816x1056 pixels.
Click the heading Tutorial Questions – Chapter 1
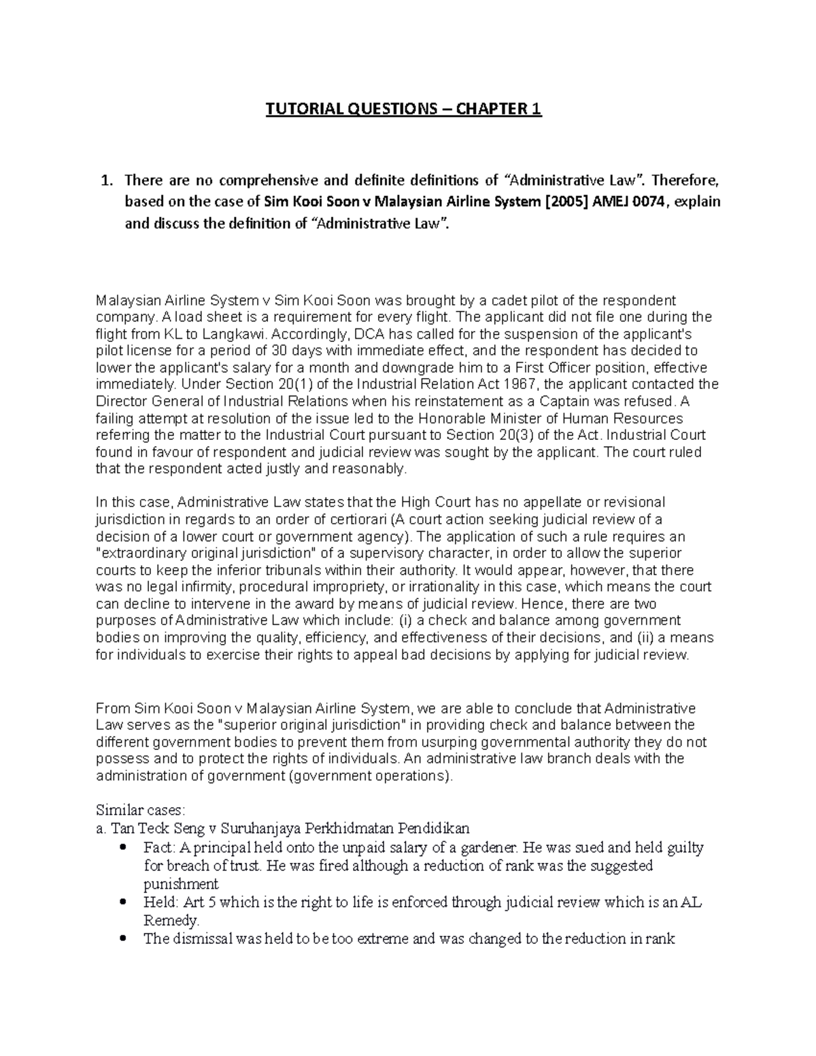403,109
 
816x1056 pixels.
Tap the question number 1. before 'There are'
105,180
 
